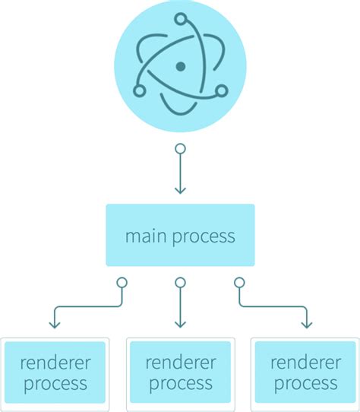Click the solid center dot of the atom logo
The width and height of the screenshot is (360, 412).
(180, 67)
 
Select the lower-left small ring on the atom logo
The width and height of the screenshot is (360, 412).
(139, 91)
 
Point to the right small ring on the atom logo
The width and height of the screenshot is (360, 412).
(221, 91)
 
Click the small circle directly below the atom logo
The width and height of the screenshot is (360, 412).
(180, 149)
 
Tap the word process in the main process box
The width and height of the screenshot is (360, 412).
(204, 236)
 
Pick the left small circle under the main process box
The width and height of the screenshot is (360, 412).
(121, 283)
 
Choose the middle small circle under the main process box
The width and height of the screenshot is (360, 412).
(180, 283)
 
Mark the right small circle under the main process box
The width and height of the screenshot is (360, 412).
(239, 283)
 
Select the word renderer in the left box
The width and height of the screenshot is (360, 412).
(55, 361)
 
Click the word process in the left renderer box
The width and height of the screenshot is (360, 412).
(55, 383)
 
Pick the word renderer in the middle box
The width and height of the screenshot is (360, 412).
(180, 361)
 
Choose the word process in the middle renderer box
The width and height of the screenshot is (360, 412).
(180, 383)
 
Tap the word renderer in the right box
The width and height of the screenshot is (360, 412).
(305, 361)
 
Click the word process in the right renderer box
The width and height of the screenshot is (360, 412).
(305, 383)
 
